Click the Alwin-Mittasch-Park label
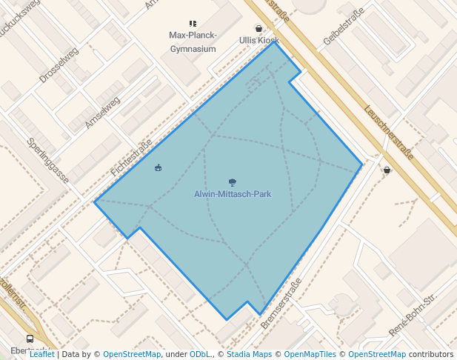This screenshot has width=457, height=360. [232, 194]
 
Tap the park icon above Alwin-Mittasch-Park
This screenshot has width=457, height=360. [233, 182]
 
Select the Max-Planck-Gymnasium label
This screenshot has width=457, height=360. [193, 42]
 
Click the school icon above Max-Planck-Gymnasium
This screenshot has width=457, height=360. [193, 24]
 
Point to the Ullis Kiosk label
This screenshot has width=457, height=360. [259, 40]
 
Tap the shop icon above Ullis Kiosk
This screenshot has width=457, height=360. [258, 28]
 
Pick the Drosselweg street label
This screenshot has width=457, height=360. [59, 65]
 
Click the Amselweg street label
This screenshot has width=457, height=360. [101, 113]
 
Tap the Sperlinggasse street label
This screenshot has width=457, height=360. [47, 161]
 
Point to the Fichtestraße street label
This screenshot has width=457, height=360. [131, 157]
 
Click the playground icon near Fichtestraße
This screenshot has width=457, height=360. [158, 168]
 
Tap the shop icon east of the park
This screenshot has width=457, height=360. [387, 170]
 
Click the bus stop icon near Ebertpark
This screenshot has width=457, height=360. [30, 339]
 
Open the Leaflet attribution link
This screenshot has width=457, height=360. [41, 354]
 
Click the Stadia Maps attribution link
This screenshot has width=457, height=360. [249, 354]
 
